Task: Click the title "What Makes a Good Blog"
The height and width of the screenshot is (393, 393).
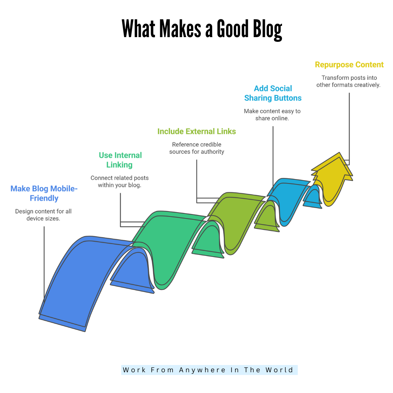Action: [x=202, y=29]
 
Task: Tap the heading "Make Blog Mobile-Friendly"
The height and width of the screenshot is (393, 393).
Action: [x=44, y=194]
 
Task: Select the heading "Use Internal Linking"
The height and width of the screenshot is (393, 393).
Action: [x=120, y=160]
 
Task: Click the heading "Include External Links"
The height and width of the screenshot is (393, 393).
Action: [x=196, y=131]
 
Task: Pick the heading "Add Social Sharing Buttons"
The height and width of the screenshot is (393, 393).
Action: [x=273, y=93]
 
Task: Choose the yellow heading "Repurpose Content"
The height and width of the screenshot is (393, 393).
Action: [x=349, y=65]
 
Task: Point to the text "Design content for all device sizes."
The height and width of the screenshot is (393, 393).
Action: [x=43, y=215]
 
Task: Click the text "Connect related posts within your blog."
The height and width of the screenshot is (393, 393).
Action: [x=120, y=182]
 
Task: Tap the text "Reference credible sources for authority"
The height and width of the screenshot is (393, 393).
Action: [x=196, y=148]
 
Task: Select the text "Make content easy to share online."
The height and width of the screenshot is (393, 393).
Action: [x=272, y=115]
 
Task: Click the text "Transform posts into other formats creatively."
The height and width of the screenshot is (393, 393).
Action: [x=348, y=81]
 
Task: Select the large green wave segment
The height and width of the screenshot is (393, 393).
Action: [x=167, y=240]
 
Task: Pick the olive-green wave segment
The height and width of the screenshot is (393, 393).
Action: [x=237, y=215]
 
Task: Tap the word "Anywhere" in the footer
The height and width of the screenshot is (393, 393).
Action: [x=202, y=370]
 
